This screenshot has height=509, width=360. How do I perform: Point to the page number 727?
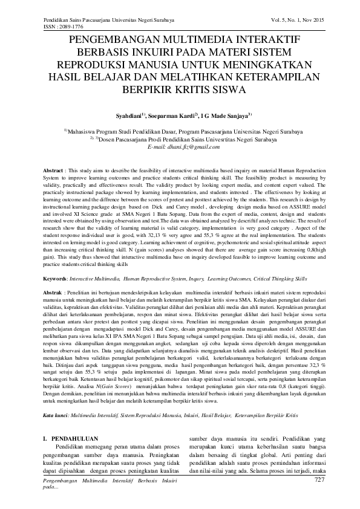(x=319, y=480)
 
